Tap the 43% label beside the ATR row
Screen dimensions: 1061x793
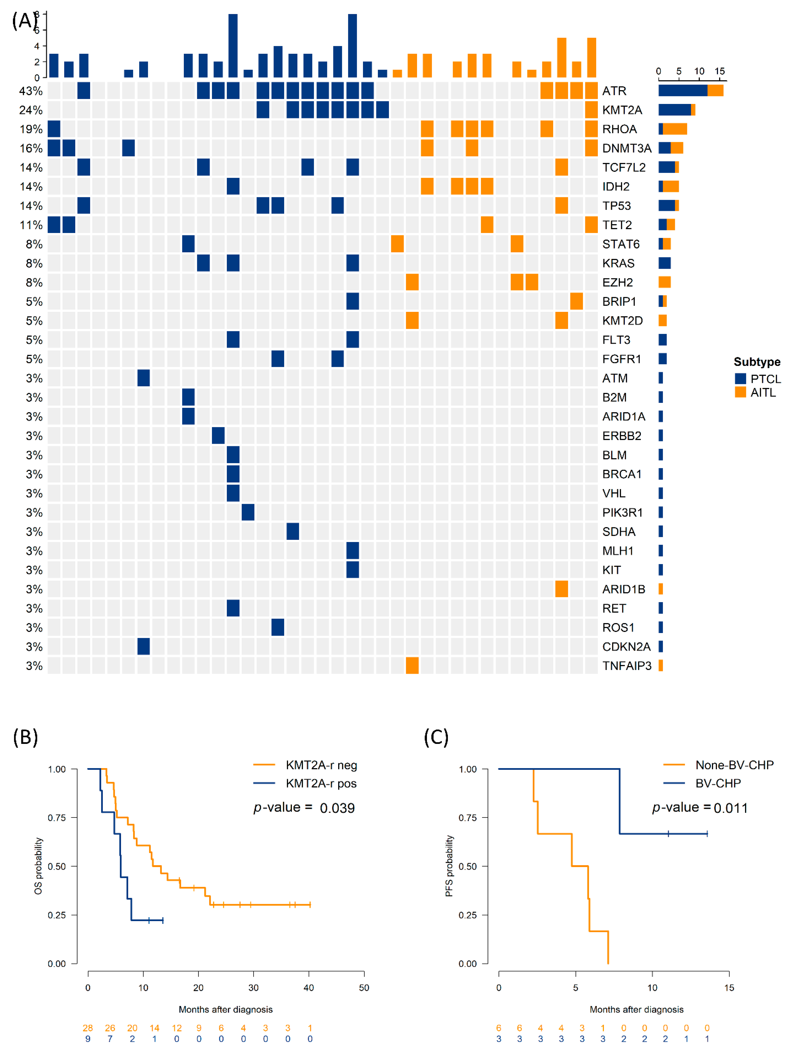[31, 91]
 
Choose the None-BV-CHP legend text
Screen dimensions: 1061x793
[734, 765]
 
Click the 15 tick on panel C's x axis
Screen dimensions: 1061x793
[729, 988]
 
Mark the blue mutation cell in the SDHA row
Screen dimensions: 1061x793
[293, 532]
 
